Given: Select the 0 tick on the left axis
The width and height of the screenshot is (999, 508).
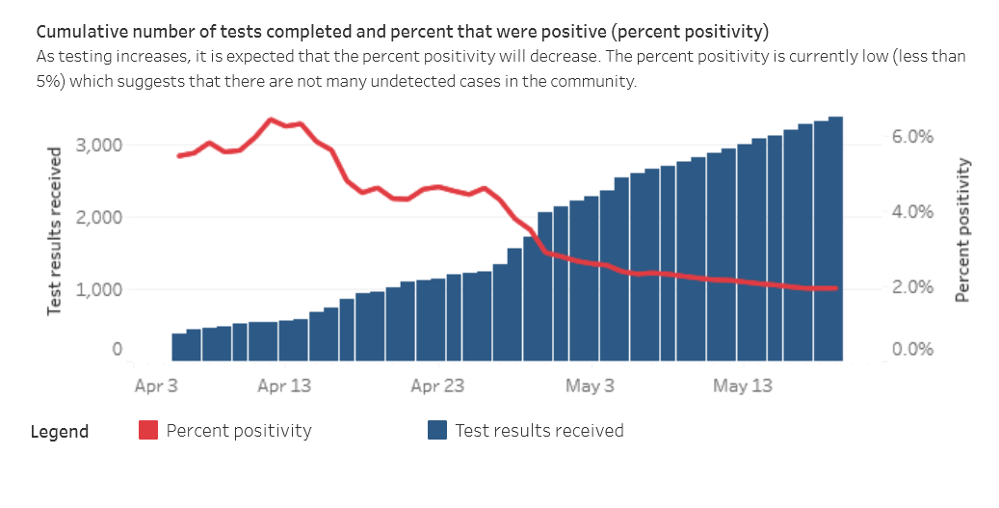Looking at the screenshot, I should [x=117, y=350].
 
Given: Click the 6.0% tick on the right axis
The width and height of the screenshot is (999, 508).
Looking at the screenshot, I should [x=912, y=138].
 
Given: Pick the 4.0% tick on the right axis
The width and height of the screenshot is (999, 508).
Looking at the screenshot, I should [x=912, y=213].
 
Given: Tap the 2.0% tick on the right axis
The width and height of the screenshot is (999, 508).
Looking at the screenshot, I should [x=912, y=288].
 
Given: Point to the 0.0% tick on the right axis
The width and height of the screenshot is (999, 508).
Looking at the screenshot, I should [x=912, y=350].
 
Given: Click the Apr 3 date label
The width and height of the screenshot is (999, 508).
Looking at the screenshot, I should [x=157, y=387].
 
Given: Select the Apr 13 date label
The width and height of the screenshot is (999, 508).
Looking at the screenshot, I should [x=284, y=387].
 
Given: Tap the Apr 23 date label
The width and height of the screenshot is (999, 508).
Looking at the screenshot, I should [x=437, y=387].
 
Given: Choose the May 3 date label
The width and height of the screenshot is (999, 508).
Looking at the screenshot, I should [x=590, y=387].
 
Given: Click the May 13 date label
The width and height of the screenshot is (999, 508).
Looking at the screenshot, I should [x=743, y=387].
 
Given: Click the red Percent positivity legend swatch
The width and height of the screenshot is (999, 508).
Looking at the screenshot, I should [x=148, y=431].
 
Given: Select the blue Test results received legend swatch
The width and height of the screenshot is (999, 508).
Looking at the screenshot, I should [x=437, y=431].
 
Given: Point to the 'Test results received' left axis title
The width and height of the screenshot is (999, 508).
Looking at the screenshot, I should [x=55, y=231].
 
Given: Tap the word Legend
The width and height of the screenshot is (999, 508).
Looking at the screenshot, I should [x=60, y=432].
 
